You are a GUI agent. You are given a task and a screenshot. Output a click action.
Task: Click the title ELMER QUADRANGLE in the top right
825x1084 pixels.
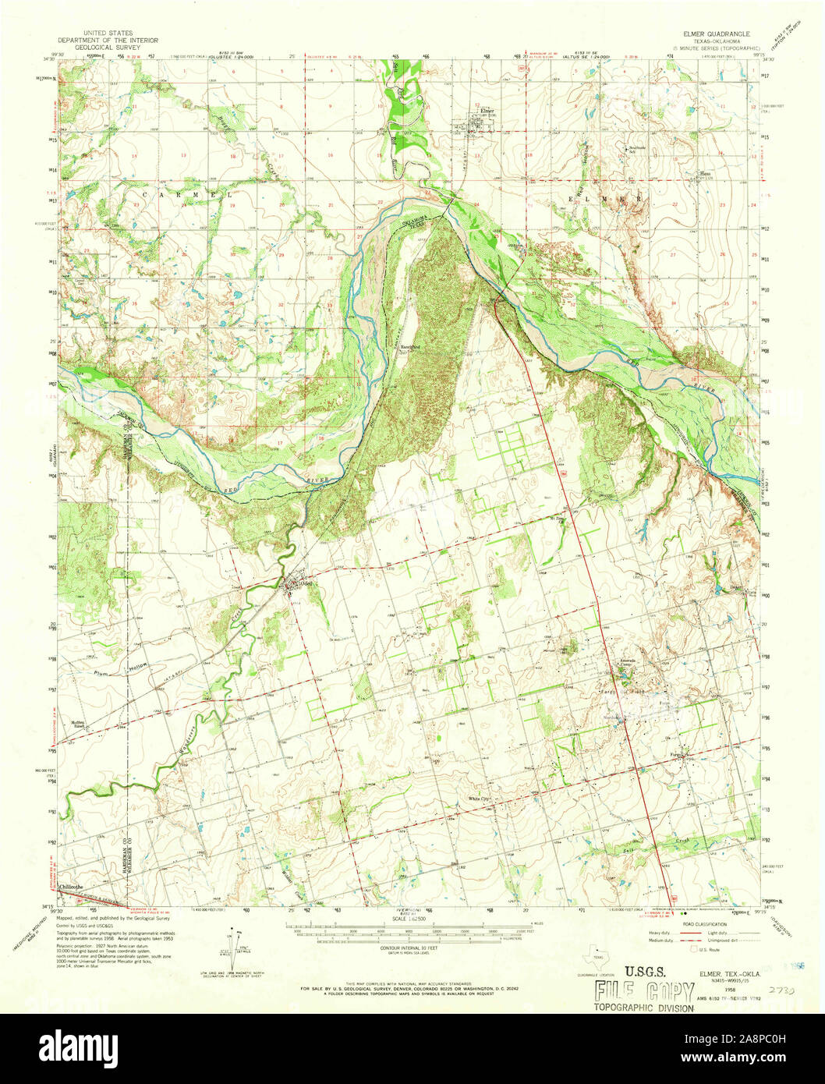coord(715,35)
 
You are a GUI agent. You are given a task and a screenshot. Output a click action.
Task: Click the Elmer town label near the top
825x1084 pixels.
coord(487,111)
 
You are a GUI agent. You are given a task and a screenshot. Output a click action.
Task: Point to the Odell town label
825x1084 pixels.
coord(306,583)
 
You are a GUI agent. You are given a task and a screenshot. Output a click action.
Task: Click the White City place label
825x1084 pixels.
coord(479,799)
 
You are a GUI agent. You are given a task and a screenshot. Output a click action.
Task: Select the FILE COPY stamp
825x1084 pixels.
coord(644,992)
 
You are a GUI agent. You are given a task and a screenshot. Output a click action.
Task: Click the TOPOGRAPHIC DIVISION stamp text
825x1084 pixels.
coord(643,1008)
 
